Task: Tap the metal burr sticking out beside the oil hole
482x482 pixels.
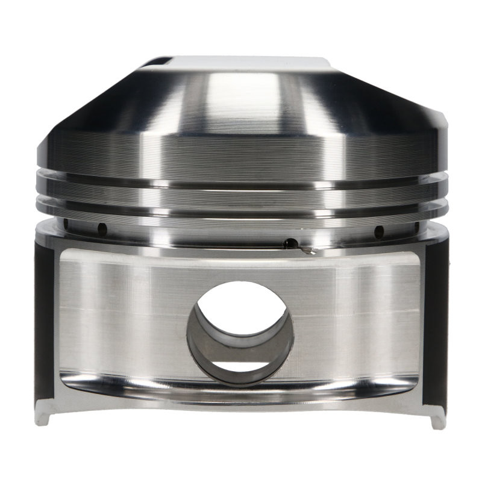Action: coord(307,249)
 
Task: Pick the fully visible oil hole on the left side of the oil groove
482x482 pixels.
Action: coord(102,229)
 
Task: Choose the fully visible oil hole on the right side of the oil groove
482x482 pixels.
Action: coord(378,231)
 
